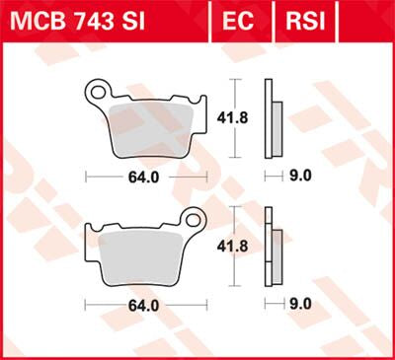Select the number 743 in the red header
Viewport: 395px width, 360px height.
pos(98,21)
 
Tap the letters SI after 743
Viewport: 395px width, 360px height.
pos(141,21)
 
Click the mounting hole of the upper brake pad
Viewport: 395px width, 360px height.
pos(97,95)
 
